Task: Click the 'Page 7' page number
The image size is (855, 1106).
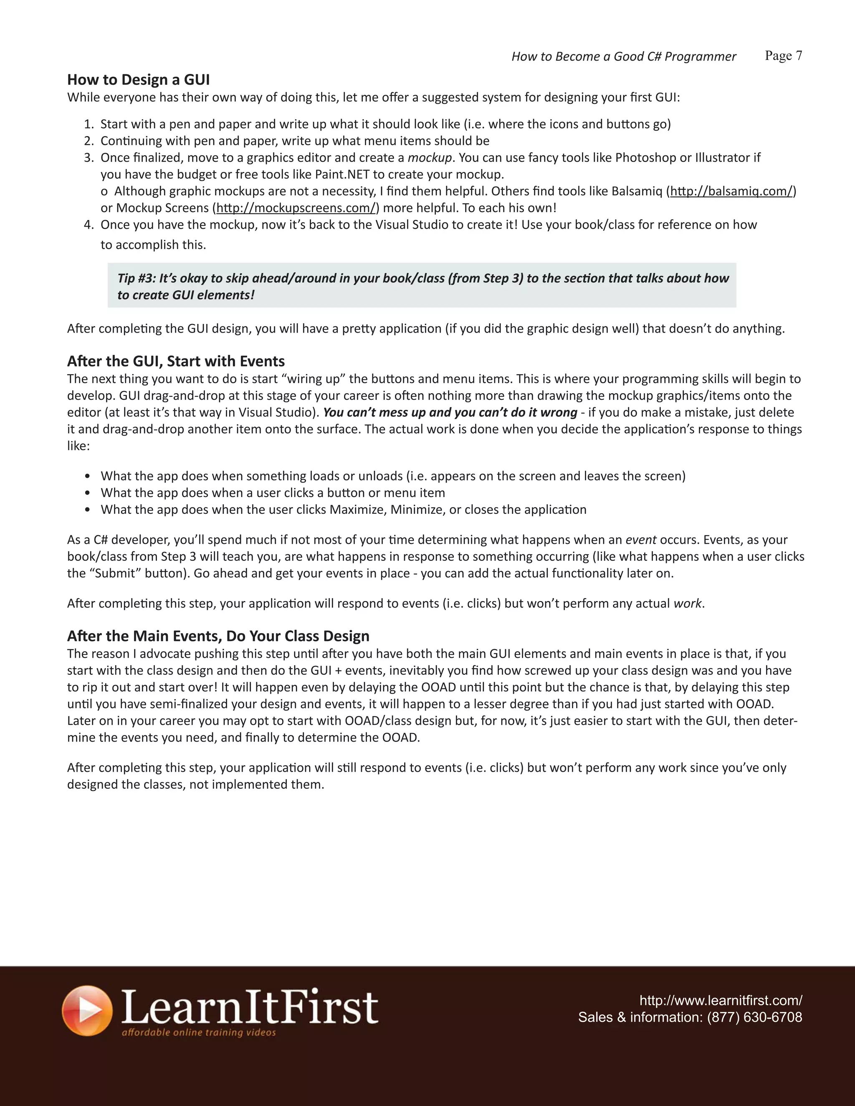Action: [x=783, y=56]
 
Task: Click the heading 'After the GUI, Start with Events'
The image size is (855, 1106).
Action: [x=176, y=361]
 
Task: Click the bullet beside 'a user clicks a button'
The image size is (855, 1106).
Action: [x=88, y=493]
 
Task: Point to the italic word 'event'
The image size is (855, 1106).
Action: [x=641, y=539]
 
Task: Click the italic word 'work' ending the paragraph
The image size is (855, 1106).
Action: [x=687, y=603]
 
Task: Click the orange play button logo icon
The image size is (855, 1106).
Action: [x=86, y=1010]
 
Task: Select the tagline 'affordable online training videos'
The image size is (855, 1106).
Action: [x=199, y=1032]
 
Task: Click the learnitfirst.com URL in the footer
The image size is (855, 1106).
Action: [x=720, y=1000]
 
